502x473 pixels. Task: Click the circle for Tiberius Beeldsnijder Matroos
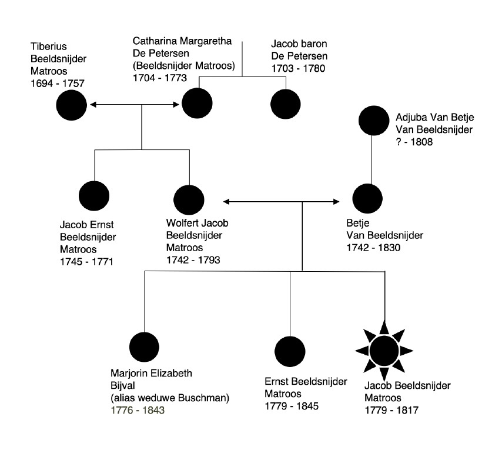tap(72, 106)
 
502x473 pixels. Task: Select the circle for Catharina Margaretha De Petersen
tap(197, 104)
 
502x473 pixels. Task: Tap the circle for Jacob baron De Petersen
tap(286, 105)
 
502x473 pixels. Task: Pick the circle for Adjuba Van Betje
tap(373, 121)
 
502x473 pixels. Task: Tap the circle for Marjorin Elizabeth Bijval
tap(145, 348)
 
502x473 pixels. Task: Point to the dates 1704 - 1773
tap(160, 77)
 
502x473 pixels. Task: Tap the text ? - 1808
tap(414, 142)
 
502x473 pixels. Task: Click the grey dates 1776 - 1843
tap(138, 410)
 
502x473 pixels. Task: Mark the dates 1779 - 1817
tap(391, 410)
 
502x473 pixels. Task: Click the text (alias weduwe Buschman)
tap(169, 398)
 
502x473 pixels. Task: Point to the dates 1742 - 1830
tap(374, 248)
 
